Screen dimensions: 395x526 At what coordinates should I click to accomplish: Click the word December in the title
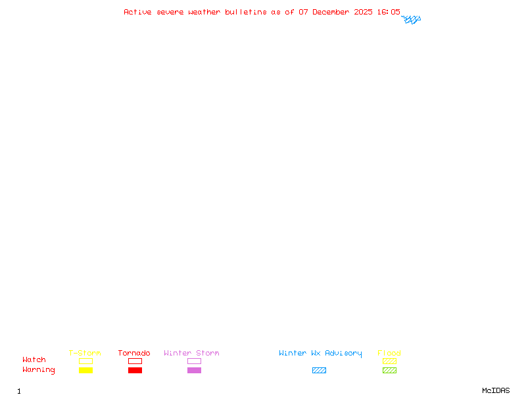click(333, 12)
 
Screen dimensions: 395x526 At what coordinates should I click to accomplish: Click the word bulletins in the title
click(246, 12)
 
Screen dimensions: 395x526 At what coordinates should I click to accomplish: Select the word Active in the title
click(137, 12)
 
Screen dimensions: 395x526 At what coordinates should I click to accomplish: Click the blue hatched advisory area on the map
click(412, 20)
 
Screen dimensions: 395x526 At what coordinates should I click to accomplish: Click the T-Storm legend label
click(85, 354)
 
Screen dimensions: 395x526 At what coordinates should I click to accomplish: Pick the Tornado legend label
click(134, 354)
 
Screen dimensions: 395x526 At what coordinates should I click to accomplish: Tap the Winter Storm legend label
click(191, 354)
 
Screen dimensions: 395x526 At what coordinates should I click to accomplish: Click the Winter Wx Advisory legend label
click(320, 354)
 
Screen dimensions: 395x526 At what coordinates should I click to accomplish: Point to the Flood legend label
click(389, 354)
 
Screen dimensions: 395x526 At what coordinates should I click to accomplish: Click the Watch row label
click(34, 360)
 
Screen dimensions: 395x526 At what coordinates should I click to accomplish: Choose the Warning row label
click(39, 370)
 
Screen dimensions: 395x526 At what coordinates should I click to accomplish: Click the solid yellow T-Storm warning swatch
click(85, 371)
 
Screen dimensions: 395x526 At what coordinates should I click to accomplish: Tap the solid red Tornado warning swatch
click(135, 371)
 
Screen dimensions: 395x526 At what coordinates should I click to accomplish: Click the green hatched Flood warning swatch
click(389, 371)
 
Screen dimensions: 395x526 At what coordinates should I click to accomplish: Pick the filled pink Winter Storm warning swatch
click(194, 371)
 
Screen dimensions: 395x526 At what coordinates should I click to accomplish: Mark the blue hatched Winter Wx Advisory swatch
click(319, 371)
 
